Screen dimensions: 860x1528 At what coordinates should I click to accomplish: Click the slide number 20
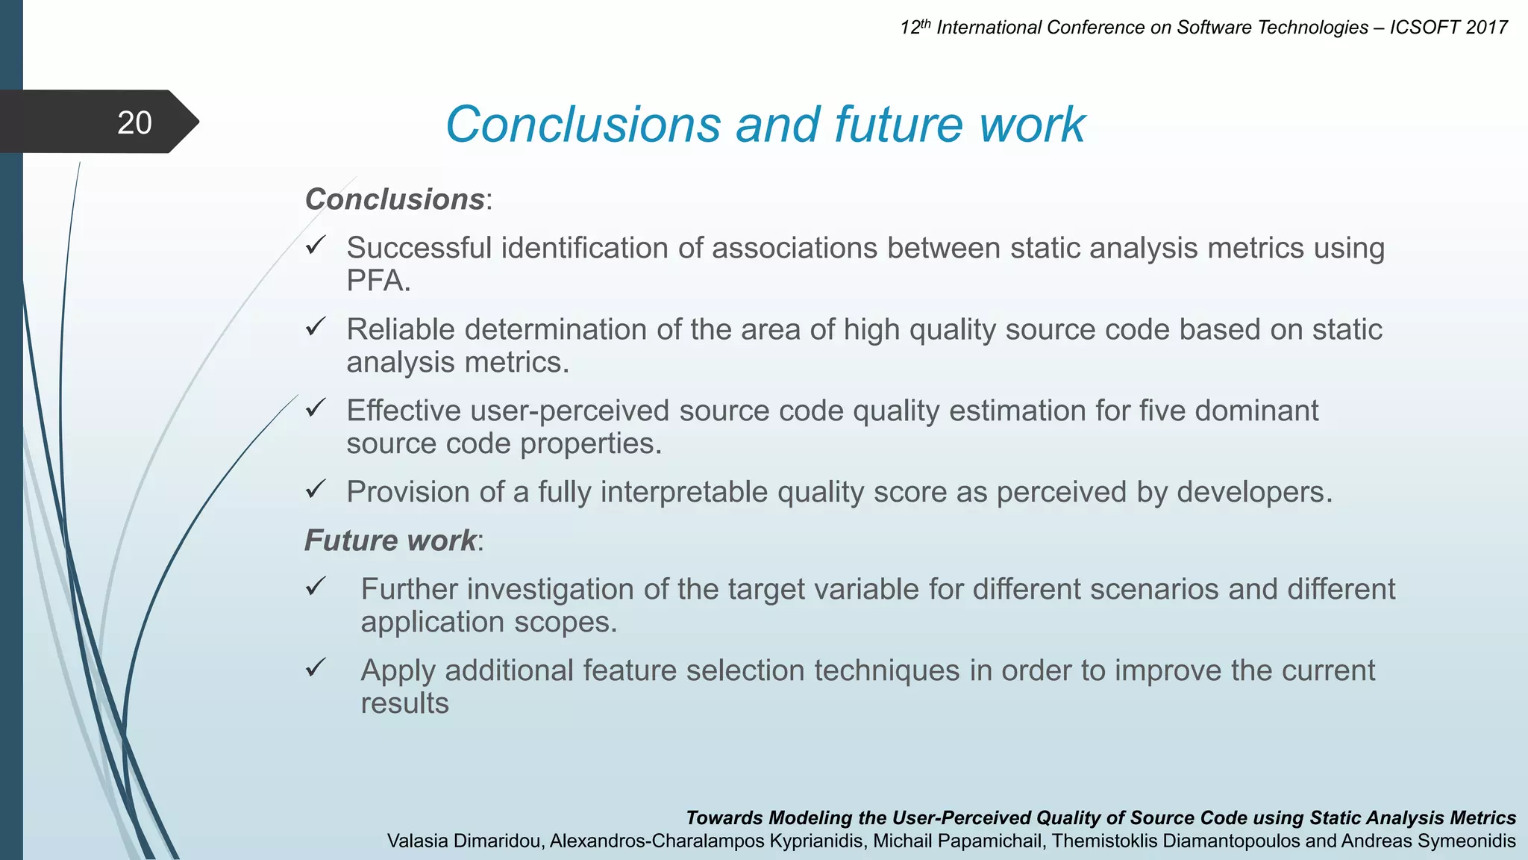[134, 123]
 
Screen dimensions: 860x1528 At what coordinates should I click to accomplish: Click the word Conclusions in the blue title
[583, 125]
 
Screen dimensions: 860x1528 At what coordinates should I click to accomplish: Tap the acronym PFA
[378, 281]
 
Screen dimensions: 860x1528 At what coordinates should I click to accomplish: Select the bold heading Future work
[390, 540]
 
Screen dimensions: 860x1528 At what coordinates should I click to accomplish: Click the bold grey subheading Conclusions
[395, 199]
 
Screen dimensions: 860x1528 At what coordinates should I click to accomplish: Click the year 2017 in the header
[1486, 28]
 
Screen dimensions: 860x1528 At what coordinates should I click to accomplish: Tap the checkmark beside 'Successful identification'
[316, 245]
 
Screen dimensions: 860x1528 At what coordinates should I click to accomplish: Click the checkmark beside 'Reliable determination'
[316, 326]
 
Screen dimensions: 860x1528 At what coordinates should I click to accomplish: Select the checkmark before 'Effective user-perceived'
[316, 408]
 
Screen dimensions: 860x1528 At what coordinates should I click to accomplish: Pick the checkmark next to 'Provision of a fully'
[316, 489]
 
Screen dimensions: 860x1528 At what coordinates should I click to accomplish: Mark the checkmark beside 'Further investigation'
[316, 586]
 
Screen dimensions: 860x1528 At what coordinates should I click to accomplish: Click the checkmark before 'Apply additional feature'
[316, 667]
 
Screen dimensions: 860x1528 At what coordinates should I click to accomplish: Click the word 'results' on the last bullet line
[404, 704]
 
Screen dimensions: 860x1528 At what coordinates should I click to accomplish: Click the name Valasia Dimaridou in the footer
[466, 841]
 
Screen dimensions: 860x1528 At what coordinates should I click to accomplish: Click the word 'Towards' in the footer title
[724, 818]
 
